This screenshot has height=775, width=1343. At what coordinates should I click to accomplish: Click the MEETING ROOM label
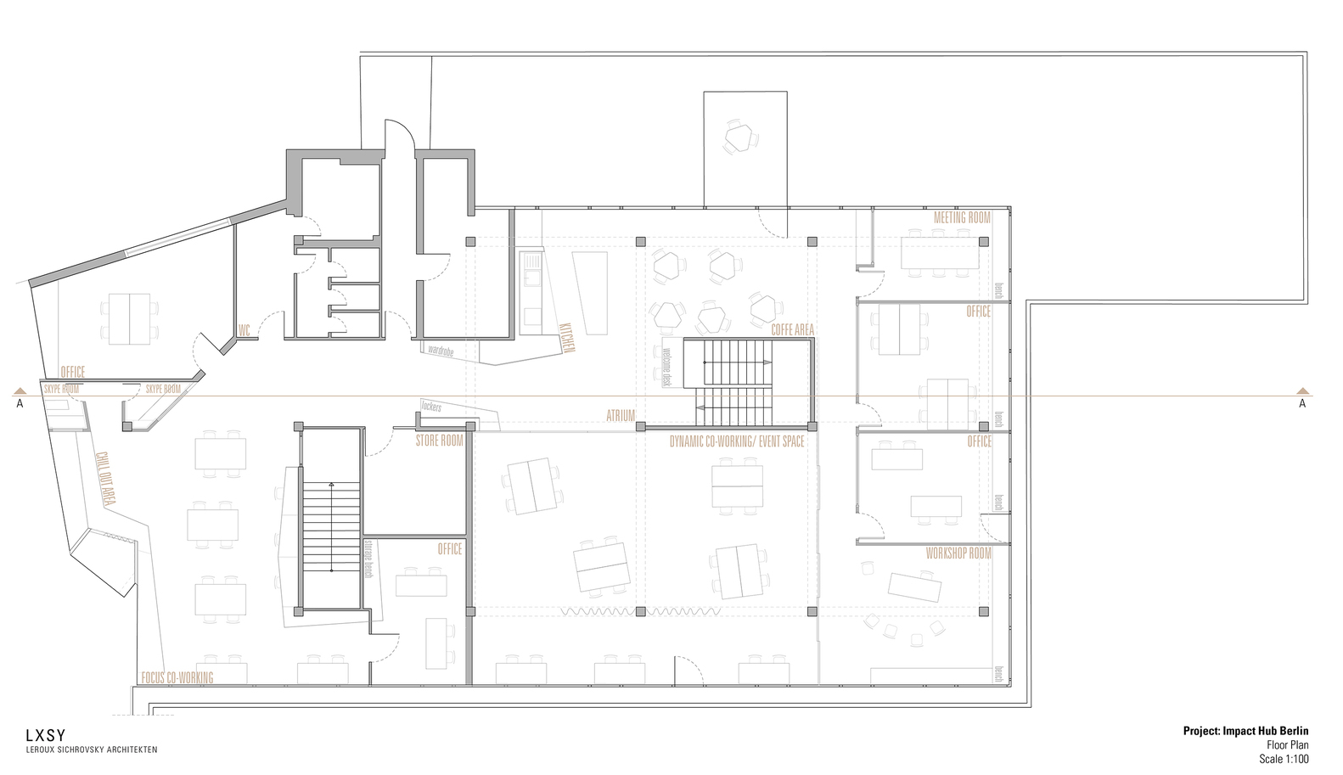(962, 218)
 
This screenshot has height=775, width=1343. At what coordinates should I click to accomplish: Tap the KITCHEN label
(567, 337)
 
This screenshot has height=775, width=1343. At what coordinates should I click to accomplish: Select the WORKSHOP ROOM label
(958, 553)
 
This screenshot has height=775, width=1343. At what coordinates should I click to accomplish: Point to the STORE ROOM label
(439, 441)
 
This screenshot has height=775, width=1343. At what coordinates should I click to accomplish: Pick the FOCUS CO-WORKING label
(177, 677)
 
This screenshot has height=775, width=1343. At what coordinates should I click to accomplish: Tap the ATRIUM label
(621, 416)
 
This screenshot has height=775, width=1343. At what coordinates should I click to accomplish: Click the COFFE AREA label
(793, 330)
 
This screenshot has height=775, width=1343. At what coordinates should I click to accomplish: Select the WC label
(244, 329)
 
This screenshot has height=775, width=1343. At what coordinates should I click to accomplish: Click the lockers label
(430, 407)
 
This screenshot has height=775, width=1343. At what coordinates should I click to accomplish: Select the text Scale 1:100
(1284, 759)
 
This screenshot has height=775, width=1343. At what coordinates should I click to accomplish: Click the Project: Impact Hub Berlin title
(1245, 731)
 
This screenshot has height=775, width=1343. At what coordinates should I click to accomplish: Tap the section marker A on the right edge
(1302, 404)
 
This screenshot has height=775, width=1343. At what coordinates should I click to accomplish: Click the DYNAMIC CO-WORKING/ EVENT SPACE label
(736, 442)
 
